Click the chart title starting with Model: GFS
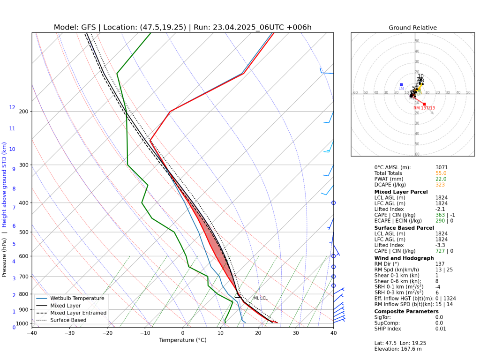(182, 27)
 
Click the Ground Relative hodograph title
(412, 28)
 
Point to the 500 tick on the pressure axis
(23, 232)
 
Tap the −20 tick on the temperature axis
(107, 333)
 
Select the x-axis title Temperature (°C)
(182, 340)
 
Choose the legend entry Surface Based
(73, 320)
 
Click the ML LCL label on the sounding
(260, 298)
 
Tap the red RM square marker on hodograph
(424, 104)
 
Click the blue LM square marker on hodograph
(401, 85)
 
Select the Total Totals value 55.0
(442, 173)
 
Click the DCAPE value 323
(440, 185)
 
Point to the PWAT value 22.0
(442, 179)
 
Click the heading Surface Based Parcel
(404, 228)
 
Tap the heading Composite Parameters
(406, 311)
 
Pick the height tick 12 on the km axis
(12, 108)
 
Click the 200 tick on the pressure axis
(23, 112)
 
